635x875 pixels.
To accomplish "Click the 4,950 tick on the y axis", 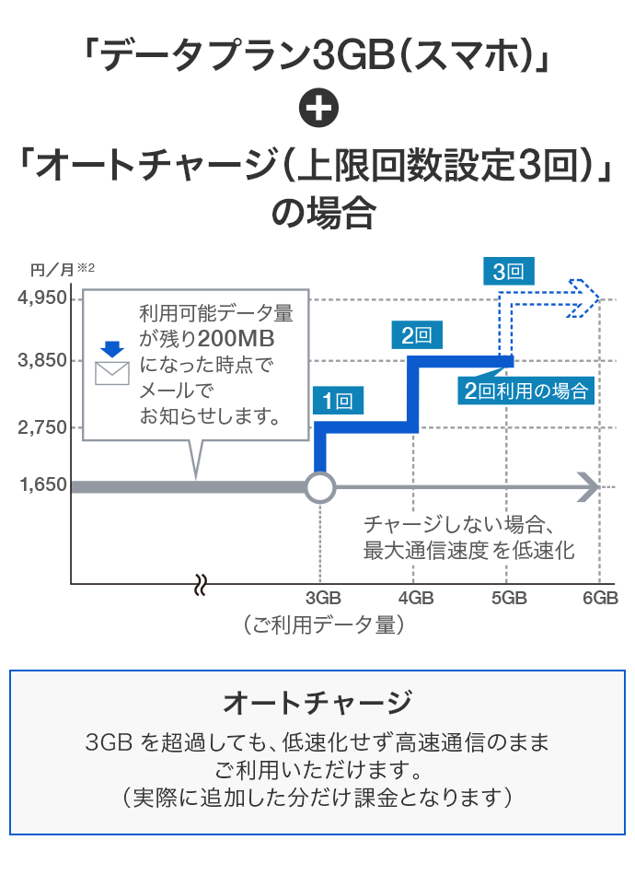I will point(42,298).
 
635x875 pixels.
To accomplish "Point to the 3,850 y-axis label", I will point(42,360).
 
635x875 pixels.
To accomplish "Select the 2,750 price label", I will point(42,427).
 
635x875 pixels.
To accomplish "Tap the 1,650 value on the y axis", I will point(42,484).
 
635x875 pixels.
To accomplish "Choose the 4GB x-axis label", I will point(415,597).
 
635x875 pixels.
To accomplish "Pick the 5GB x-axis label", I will point(508,597).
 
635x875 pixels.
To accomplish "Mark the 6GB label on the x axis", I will point(600,597).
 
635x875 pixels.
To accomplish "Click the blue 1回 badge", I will point(338,401).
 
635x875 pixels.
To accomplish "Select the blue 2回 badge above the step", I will point(417,335).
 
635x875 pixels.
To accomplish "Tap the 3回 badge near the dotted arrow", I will point(508,271).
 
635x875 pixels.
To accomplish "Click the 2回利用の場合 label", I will point(525,391).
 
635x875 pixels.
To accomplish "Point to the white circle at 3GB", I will point(319,486).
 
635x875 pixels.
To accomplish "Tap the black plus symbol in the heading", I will point(318,111).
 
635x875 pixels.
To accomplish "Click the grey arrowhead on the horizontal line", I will point(587,486).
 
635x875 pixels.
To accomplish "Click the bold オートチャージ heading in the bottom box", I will point(317,703).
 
